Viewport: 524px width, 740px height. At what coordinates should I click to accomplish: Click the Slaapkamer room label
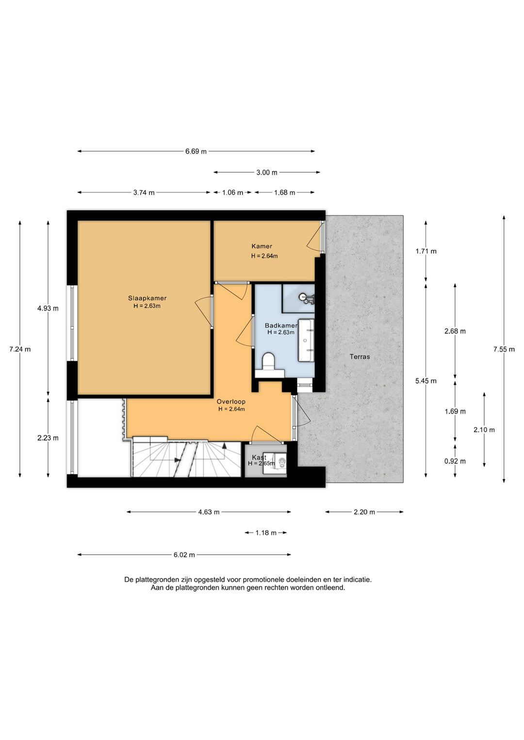[147, 298]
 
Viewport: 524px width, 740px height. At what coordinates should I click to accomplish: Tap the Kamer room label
[262, 246]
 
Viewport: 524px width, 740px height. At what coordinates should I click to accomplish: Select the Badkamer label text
[280, 325]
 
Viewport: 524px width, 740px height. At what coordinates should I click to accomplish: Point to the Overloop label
[231, 402]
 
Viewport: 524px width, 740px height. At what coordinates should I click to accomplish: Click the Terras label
[360, 356]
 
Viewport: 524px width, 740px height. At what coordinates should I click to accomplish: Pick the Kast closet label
[259, 457]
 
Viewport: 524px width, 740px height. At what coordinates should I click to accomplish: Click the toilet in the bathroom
[268, 362]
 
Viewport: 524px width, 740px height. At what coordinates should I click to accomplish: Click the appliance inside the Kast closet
[280, 463]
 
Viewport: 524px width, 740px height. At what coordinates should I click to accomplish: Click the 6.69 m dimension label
[196, 151]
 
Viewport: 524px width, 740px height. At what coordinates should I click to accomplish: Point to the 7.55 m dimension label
[504, 349]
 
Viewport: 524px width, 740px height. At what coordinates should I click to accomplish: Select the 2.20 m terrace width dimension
[364, 512]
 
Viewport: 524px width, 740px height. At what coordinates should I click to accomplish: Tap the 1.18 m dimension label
[266, 533]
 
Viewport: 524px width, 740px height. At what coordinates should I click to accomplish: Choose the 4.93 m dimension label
[48, 308]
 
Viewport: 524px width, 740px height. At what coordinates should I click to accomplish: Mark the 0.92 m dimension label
[455, 461]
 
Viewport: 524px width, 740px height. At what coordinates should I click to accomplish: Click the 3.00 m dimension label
[267, 172]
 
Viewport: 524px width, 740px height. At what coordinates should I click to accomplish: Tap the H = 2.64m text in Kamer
[264, 256]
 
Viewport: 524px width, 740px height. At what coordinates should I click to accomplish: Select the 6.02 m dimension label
[184, 555]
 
